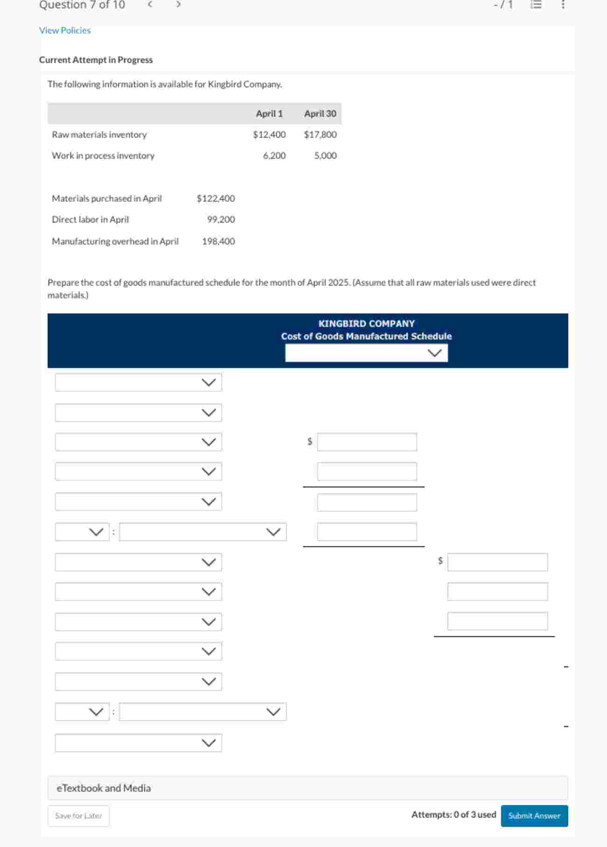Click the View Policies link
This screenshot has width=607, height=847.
(65, 30)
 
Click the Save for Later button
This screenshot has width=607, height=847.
(78, 816)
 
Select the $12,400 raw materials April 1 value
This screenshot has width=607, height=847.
(269, 134)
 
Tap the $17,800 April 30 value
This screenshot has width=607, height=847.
(320, 134)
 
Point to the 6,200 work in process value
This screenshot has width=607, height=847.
(274, 155)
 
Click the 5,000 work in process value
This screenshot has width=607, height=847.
(325, 155)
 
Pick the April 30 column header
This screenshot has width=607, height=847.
(320, 113)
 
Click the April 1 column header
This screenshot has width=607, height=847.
(269, 113)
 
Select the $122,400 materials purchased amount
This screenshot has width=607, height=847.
(216, 198)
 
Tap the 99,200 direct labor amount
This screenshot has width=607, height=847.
(221, 219)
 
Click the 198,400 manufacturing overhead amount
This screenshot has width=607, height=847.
(218, 241)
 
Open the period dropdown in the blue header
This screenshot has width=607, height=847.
(366, 353)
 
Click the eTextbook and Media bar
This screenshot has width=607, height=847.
(307, 788)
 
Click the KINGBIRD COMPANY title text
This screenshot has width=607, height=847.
(366, 324)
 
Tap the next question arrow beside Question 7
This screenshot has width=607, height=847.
(178, 5)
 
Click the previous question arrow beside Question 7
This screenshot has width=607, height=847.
(150, 5)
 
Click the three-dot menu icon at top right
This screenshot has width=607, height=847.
(563, 5)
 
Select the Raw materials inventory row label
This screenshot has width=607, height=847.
(99, 134)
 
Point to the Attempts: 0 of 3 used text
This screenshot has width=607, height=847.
(454, 814)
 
